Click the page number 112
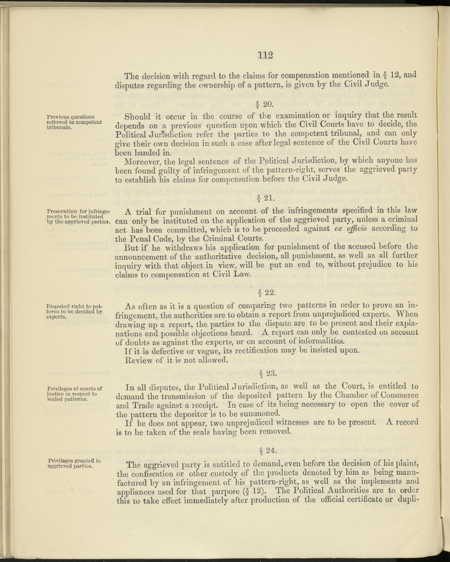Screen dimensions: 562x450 click(x=265, y=55)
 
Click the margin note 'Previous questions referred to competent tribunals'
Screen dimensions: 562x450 click(x=74, y=122)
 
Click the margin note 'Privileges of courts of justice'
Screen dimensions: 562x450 click(x=75, y=393)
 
